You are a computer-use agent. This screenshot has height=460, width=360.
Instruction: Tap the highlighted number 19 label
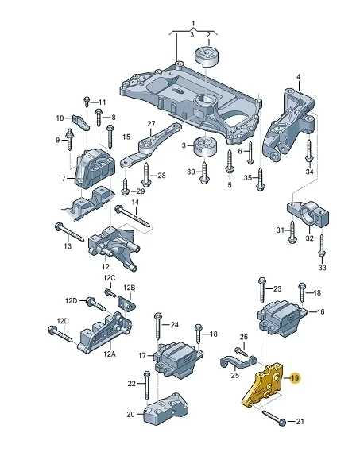294,378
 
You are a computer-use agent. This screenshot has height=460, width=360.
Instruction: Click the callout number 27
151,124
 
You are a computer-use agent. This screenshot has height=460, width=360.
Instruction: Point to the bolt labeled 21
273,418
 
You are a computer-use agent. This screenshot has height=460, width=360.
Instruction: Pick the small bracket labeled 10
82,122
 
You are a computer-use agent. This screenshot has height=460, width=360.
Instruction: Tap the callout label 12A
109,354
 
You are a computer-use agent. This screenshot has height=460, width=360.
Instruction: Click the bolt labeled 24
158,326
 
